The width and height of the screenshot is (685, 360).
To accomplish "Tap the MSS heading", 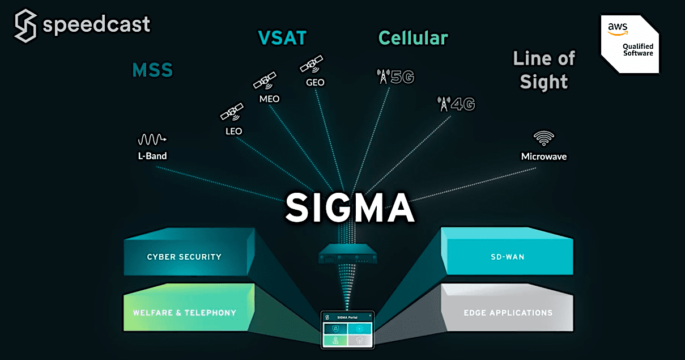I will tap(152, 71).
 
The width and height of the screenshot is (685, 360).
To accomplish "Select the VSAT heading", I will tap(282, 38).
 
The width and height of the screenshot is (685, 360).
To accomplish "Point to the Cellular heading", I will tap(413, 38).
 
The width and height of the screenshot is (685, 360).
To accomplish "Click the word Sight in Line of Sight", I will tap(544, 82).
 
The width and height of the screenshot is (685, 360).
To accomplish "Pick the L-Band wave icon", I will tap(152, 139).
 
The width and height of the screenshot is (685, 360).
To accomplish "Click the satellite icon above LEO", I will tap(232, 112).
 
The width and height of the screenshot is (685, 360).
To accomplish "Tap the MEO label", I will tap(269, 99).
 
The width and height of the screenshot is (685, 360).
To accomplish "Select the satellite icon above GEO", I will tap(311, 64).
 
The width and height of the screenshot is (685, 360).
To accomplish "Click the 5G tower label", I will tap(396, 77).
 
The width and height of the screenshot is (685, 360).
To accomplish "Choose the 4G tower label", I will tap(456, 104).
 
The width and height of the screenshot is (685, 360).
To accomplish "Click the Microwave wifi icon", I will tap(544, 138).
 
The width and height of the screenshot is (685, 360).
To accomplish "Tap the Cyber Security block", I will tap(184, 257).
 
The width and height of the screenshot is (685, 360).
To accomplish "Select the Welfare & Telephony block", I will tap(184, 312).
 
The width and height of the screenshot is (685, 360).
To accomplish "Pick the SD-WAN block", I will tap(508, 257).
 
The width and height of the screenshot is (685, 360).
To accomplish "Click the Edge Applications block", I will tap(508, 312).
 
